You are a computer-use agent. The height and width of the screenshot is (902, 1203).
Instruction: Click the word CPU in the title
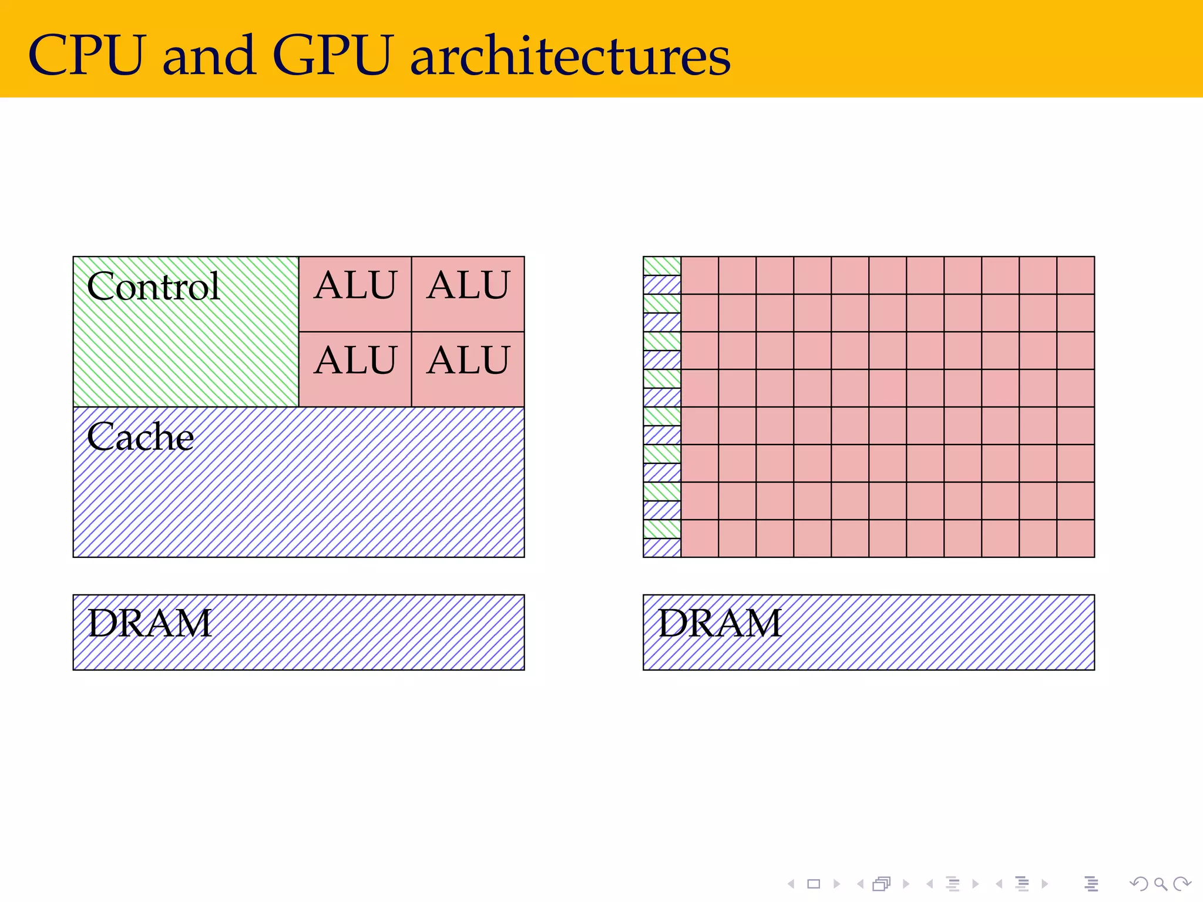click(x=86, y=55)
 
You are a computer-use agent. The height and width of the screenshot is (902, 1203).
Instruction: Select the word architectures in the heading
click(x=570, y=55)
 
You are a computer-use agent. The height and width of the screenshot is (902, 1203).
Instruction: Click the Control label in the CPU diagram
click(x=153, y=287)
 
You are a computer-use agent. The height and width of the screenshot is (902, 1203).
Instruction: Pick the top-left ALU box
click(x=355, y=294)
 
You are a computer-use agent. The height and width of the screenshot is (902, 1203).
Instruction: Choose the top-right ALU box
click(x=468, y=294)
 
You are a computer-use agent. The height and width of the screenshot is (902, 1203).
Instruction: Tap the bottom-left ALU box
click(x=355, y=369)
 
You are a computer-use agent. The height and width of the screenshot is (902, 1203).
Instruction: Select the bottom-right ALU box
click(x=468, y=369)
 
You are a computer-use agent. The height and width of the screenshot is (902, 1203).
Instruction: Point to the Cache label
click(x=140, y=437)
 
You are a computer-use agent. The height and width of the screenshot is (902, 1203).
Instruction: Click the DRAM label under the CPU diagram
click(x=150, y=624)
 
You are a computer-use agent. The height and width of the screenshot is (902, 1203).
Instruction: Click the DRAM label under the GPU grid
click(x=720, y=624)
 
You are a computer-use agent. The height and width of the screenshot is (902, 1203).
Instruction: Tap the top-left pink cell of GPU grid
click(x=700, y=275)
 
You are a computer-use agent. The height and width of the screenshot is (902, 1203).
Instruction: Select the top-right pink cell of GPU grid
click(x=1076, y=275)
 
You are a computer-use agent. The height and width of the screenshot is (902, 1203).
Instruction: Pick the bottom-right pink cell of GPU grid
click(x=1076, y=538)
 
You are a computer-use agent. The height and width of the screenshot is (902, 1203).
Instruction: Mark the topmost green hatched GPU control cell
click(x=662, y=266)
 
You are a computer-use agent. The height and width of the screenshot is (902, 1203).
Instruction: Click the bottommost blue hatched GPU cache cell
click(x=662, y=548)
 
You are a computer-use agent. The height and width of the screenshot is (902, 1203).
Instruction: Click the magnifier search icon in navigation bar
click(x=1160, y=884)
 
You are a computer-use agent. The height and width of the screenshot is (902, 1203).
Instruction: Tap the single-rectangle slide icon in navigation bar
click(x=814, y=884)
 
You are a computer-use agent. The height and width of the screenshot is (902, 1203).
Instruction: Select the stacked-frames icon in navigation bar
click(x=882, y=884)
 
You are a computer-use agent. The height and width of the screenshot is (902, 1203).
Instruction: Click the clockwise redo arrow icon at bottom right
click(x=1181, y=884)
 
